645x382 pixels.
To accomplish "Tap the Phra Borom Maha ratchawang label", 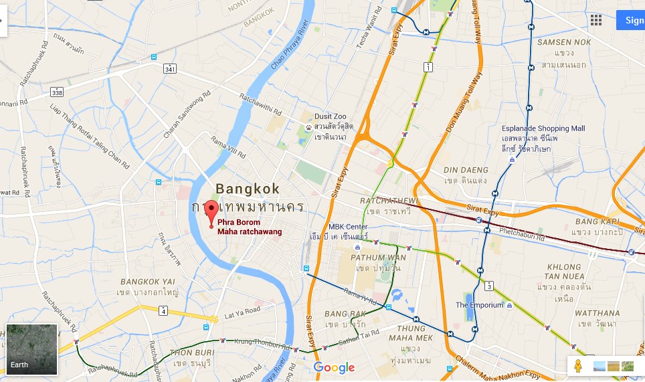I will click(250, 227).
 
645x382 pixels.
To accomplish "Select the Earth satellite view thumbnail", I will click(32, 349).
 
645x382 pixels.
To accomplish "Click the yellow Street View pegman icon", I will click(578, 366).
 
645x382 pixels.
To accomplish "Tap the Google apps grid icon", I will click(595, 19).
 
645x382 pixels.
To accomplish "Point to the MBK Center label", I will click(349, 226).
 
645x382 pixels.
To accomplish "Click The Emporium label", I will click(480, 305).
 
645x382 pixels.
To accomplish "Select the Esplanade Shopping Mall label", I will click(543, 128).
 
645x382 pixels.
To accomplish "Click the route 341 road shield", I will click(170, 68).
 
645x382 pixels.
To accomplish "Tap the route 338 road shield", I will click(57, 92).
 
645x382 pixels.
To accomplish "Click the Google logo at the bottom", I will click(334, 367).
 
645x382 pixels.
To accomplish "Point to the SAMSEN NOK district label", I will click(563, 42).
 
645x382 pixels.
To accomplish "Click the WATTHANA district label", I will click(597, 312).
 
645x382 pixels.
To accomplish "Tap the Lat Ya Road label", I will click(242, 311).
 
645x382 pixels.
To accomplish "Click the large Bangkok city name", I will click(248, 189).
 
